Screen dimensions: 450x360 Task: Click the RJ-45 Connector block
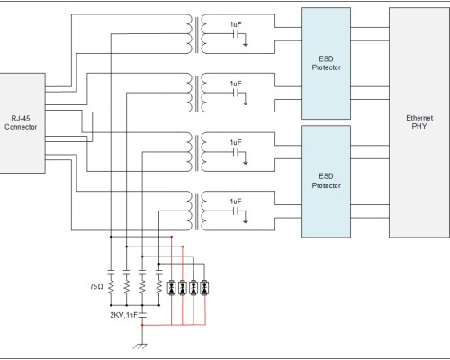22,123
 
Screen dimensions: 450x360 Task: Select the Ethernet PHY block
419,122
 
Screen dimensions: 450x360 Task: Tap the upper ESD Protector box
326,63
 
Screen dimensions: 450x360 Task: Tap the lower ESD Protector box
326,182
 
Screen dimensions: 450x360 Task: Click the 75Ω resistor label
96,286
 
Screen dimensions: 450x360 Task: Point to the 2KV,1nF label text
123,315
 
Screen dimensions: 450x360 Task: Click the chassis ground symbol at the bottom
140,346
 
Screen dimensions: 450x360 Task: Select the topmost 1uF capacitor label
236,24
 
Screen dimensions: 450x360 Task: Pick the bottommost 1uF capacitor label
236,202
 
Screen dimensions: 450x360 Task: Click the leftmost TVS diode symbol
172,288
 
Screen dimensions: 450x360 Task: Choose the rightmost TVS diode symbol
204,288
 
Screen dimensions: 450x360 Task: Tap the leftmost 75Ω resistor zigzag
111,287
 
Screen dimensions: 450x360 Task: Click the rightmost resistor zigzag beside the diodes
159,287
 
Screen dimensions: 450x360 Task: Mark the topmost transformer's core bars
197,35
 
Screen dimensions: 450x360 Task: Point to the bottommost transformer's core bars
197,212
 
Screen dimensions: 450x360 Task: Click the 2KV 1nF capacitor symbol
142,315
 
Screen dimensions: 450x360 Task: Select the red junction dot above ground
142,325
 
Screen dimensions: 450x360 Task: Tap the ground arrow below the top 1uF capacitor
246,45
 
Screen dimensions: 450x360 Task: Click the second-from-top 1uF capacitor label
236,84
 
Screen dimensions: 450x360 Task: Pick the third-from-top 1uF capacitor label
236,142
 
